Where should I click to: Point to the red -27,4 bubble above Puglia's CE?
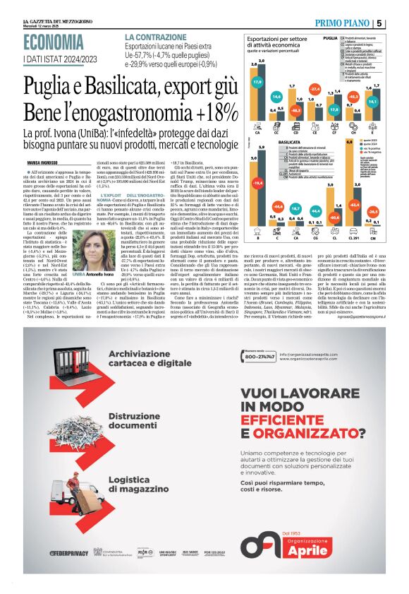point(315,90)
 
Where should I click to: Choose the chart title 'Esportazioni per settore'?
point(274,39)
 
